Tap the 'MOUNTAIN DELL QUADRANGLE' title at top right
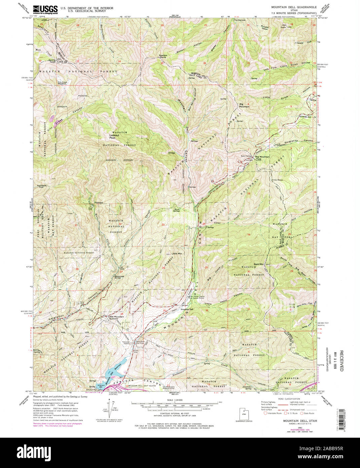point(294,7)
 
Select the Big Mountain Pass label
point(262,158)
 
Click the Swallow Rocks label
point(163,56)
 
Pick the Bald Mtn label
point(259,264)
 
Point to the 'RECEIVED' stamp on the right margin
point(341,361)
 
